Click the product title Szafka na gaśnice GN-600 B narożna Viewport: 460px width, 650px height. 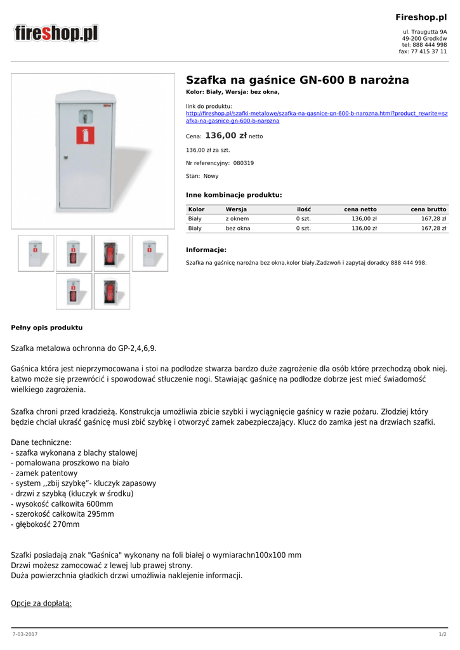coord(297,80)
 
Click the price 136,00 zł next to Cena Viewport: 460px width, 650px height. coord(226,136)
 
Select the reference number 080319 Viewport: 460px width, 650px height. coord(244,163)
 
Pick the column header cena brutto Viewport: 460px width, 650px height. coord(428,209)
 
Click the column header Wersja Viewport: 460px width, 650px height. coord(236,209)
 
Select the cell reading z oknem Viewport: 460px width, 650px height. coord(237,218)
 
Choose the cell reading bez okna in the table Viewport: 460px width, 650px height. coord(238,228)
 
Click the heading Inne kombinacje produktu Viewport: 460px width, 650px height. coord(233,195)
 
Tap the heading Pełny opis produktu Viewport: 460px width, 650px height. coord(47,328)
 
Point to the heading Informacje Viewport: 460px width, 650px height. coord(206,249)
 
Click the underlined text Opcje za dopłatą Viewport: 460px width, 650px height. coord(41,602)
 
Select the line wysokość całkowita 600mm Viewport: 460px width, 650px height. coord(62,504)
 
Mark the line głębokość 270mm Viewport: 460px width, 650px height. coord(46,524)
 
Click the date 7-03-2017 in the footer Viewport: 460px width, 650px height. coord(25,634)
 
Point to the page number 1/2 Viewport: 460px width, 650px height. coord(442,634)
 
